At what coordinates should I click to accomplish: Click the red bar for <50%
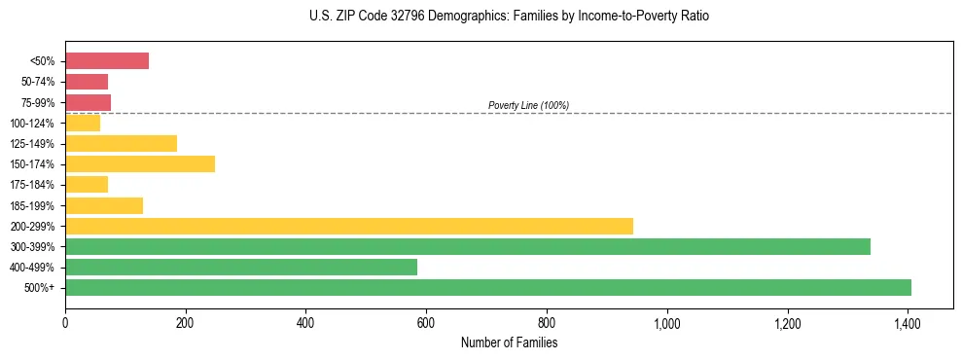click(107, 61)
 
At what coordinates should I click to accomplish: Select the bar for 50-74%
click(87, 82)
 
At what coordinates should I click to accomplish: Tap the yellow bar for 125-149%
click(121, 144)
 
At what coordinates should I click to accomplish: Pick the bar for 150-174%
click(140, 164)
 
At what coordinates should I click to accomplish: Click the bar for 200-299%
click(349, 226)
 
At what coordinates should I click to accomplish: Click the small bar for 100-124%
click(83, 123)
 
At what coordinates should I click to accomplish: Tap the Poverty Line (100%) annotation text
click(528, 105)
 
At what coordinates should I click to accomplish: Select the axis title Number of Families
click(509, 342)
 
